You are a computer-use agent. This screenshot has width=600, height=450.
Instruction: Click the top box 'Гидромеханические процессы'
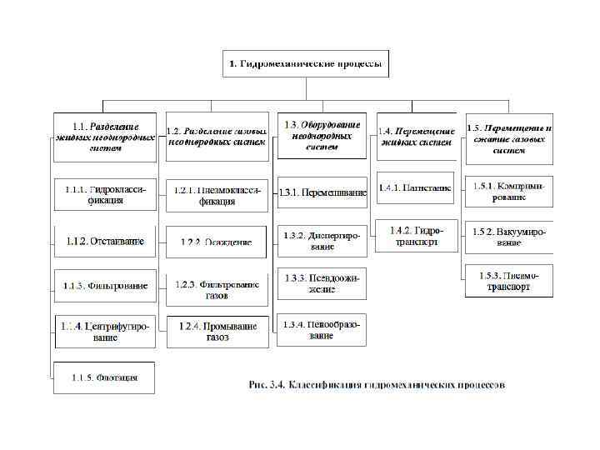tap(305, 63)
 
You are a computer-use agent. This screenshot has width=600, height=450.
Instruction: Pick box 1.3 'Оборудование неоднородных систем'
tap(322, 135)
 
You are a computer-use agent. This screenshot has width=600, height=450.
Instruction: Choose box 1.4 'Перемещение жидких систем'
tap(416, 137)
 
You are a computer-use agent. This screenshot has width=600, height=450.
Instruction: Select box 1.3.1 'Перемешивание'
tap(322, 192)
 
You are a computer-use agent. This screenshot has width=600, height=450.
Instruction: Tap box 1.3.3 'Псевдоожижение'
tap(322, 283)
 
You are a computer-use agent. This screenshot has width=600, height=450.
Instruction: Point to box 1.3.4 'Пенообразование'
tap(322, 330)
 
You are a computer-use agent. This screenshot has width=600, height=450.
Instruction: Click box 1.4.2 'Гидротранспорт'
tap(416, 235)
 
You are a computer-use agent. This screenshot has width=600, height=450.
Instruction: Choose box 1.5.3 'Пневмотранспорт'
tap(509, 282)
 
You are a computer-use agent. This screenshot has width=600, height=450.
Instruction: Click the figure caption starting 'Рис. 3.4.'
tap(376, 384)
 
